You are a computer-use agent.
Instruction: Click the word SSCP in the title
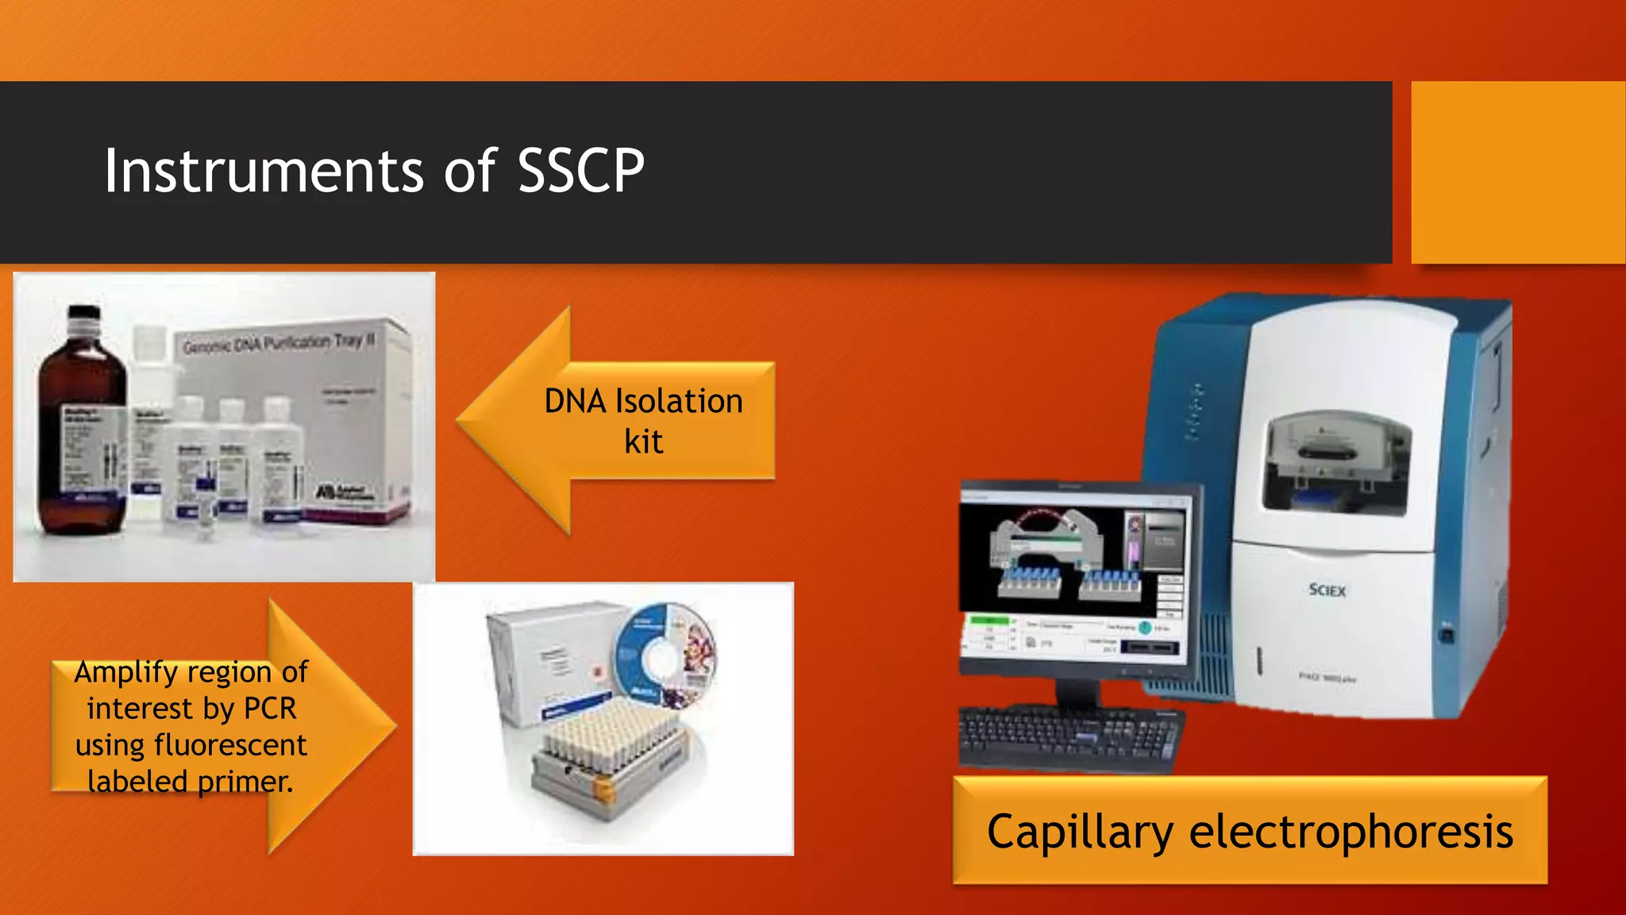pyautogui.click(x=580, y=171)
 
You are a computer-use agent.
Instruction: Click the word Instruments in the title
pyautogui.click(x=264, y=171)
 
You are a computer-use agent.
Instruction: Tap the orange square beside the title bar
pyautogui.click(x=1517, y=172)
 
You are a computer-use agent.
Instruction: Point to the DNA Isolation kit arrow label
pyautogui.click(x=643, y=421)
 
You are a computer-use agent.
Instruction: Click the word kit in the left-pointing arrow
pyautogui.click(x=643, y=442)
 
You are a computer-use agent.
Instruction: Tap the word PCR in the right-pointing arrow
pyautogui.click(x=270, y=708)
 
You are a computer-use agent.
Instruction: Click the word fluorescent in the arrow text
pyautogui.click(x=230, y=745)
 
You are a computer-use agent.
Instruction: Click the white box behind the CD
pyautogui.click(x=548, y=659)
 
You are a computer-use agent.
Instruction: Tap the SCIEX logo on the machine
pyautogui.click(x=1327, y=590)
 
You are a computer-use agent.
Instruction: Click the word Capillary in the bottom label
pyautogui.click(x=1079, y=832)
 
